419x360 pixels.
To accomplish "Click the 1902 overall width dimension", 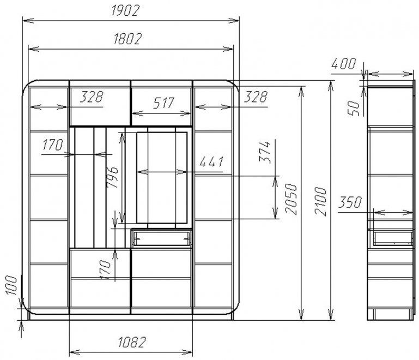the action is point(125,11).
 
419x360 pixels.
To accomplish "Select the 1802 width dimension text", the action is point(127,39).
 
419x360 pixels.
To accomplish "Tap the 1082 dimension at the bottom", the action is point(132,342).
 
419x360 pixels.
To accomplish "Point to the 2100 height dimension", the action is point(320,201).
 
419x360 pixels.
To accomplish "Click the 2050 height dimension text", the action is point(291,199).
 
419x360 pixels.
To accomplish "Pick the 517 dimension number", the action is point(163,103).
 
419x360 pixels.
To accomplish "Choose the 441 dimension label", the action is point(211,162).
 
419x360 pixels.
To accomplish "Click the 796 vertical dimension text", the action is point(112,177).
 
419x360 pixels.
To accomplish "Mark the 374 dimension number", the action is point(265,152).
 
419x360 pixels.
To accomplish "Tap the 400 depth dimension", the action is point(344,64).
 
